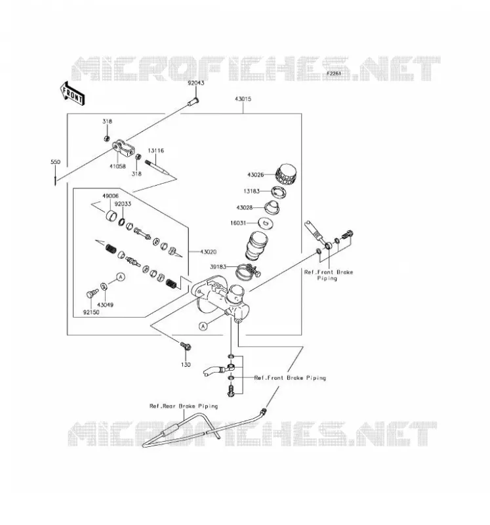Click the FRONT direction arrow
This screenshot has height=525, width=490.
coord(72,94)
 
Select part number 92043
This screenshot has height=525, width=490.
coord(195,83)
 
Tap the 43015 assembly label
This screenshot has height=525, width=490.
coord(243,99)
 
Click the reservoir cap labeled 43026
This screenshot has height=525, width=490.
coord(287,175)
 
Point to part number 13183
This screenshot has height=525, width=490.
coord(251,191)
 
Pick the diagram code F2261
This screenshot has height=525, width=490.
coord(334,73)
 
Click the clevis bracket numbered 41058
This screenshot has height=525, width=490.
coord(125,148)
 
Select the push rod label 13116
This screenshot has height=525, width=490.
coord(156,151)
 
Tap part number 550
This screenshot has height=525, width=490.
coord(56,162)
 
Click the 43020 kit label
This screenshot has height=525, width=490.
coord(208,252)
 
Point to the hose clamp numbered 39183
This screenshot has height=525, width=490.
coord(248,270)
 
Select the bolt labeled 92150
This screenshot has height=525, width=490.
coord(92,293)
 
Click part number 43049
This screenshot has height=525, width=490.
coord(105,304)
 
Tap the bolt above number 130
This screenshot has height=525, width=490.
coord(186,346)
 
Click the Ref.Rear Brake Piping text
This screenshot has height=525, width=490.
coord(184,406)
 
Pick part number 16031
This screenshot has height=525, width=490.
coord(238,223)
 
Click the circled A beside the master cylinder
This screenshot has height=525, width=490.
coord(203,325)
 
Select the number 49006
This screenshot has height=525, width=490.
coord(110,196)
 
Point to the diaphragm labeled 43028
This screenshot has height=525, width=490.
coord(272,207)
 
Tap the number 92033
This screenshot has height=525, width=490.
coord(123,203)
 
